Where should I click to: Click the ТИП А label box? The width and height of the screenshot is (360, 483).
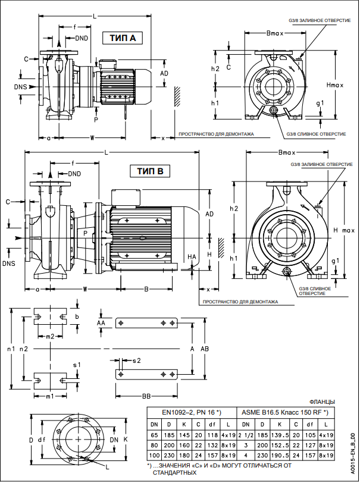tap(123, 38)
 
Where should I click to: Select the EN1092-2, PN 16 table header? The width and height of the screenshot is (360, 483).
tap(192, 412)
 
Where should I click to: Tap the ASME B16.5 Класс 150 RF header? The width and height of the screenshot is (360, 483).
tap(284, 412)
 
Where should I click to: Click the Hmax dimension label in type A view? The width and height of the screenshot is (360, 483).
tap(336, 85)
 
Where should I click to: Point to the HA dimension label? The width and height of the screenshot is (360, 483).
tap(191, 256)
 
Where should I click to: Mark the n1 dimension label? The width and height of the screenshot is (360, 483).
tap(10, 348)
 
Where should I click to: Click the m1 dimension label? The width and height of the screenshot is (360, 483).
tap(50, 396)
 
